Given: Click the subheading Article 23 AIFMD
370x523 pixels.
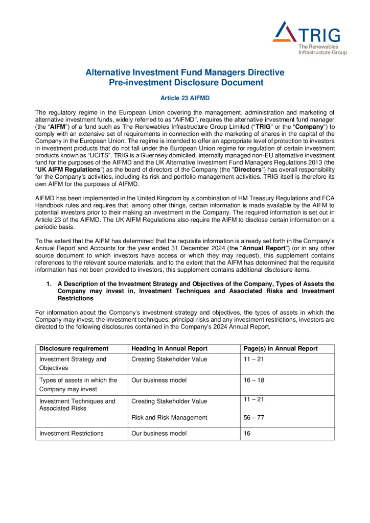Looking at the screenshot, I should pos(184,98).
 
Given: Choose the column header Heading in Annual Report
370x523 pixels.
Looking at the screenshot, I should pos(169,348).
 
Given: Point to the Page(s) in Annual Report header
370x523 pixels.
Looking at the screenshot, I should pos(281,348).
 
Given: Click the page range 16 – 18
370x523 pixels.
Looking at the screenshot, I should pos(254,380).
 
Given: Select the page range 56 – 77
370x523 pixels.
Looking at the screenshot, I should pos(254,417).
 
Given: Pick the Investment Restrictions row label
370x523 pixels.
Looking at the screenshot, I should pos(71,433).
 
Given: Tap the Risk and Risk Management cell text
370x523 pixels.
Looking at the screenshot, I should pos(169,417).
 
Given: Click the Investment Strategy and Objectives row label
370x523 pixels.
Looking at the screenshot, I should pos(73,363).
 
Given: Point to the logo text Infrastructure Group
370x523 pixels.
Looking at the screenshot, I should pos(322,52).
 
